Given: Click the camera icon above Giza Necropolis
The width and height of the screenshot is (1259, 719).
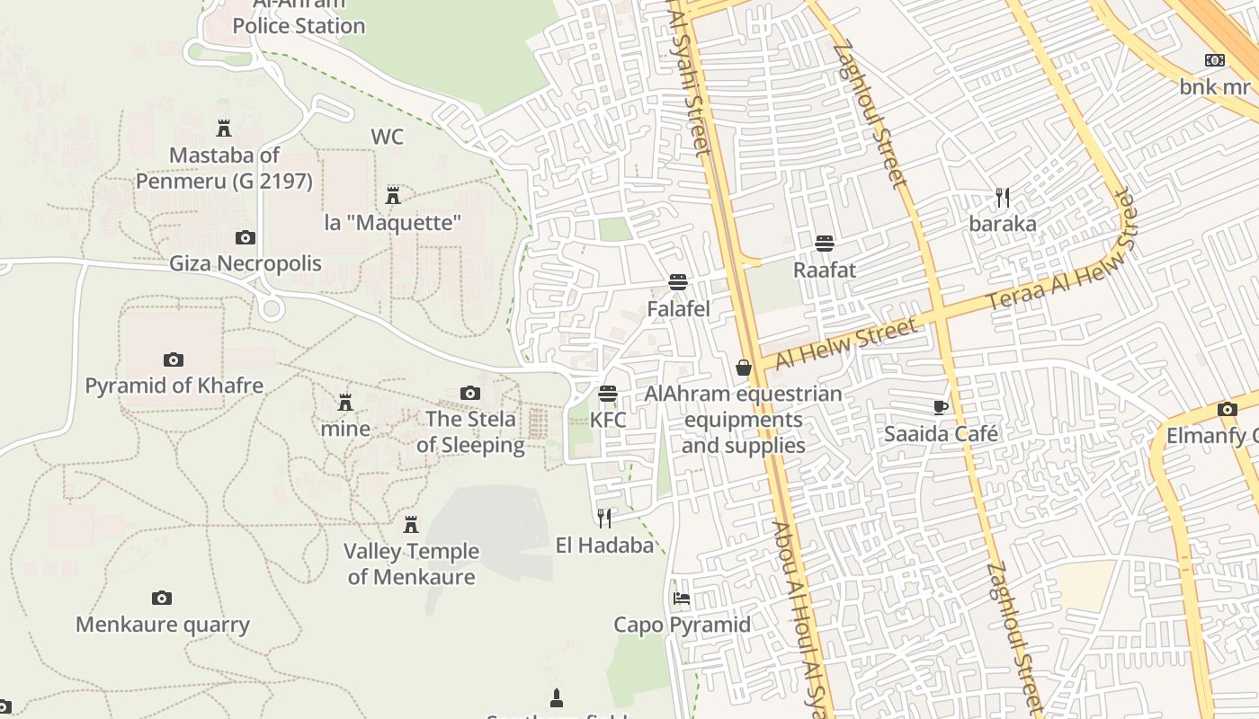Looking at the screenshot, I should click(245, 238).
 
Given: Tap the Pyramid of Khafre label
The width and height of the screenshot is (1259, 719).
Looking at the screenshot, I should click(174, 386).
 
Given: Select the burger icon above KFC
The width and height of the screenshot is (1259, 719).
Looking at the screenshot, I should click(608, 394).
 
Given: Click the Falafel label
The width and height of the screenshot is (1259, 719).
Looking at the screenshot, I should click(678, 308).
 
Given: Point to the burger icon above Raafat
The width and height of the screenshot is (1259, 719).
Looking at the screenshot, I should click(824, 244).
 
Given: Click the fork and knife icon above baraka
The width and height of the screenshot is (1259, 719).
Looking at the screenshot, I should click(1003, 197).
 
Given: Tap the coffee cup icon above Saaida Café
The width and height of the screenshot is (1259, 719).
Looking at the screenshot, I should click(941, 407).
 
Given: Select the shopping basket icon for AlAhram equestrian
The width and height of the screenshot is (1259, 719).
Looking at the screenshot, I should click(744, 368).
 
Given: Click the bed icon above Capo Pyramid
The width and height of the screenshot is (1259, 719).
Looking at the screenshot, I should click(682, 599).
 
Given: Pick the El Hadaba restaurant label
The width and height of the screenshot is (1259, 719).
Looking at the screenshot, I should click(604, 545).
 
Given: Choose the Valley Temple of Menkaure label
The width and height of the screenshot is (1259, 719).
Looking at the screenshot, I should click(411, 564).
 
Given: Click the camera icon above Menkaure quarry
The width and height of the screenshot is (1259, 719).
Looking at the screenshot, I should click(162, 598).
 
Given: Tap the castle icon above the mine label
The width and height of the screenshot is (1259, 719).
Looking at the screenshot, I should click(345, 402).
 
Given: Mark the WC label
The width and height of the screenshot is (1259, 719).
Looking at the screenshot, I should click(387, 137).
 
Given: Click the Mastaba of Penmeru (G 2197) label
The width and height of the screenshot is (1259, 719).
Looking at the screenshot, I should click(224, 168).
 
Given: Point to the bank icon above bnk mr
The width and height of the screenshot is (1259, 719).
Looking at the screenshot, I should click(1215, 60).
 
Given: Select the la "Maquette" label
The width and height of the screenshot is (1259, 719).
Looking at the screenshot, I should click(393, 222).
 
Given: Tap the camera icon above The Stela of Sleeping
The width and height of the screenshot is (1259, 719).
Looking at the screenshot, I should click(469, 393).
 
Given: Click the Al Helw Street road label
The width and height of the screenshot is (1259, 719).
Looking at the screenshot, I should click(846, 342).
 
